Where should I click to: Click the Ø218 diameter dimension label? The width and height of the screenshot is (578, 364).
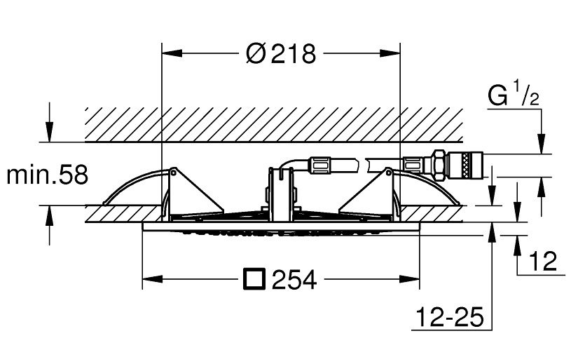[x=281, y=53]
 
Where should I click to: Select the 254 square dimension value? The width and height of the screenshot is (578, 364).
[x=294, y=280]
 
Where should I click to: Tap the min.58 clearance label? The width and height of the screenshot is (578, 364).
[x=47, y=175]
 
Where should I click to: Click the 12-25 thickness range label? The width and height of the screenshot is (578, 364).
[x=450, y=317]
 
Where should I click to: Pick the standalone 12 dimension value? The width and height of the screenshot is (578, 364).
[x=542, y=261]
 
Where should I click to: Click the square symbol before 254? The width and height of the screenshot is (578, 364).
[x=254, y=279]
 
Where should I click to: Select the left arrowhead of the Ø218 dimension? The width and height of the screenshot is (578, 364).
[x=172, y=53]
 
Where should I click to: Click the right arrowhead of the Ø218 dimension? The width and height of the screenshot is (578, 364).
[x=390, y=53]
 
